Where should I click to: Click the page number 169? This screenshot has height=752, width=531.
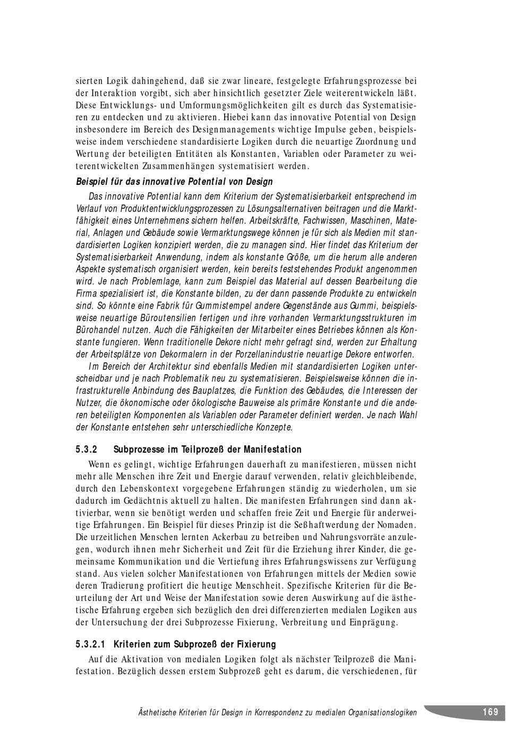point(490,712)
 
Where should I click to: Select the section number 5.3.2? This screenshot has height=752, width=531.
point(88,450)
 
